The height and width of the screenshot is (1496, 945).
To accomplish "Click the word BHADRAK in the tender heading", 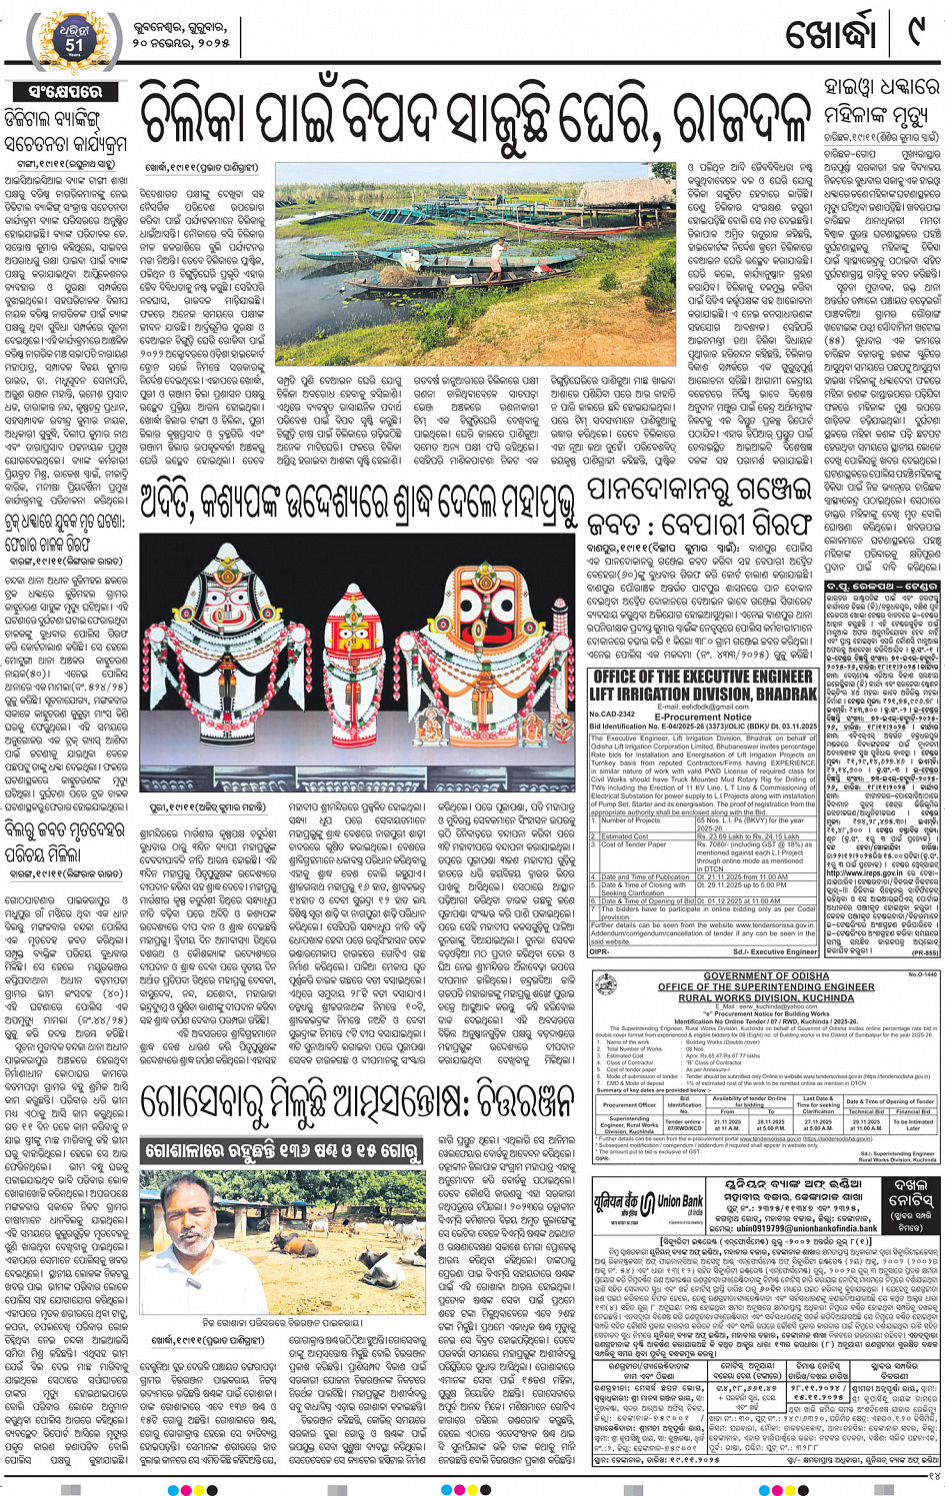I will tap(773, 693).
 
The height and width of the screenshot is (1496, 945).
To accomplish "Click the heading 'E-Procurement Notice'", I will tap(703, 717).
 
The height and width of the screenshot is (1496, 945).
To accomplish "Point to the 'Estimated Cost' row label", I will tap(625, 836).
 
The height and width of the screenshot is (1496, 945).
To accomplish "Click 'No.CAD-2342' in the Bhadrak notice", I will tap(612, 716).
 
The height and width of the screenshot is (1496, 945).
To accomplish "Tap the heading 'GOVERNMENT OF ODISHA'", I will tap(766, 976).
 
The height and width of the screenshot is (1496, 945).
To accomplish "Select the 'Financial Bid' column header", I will tap(912, 1110).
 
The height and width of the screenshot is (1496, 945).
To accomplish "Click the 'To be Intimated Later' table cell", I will tap(912, 1123).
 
